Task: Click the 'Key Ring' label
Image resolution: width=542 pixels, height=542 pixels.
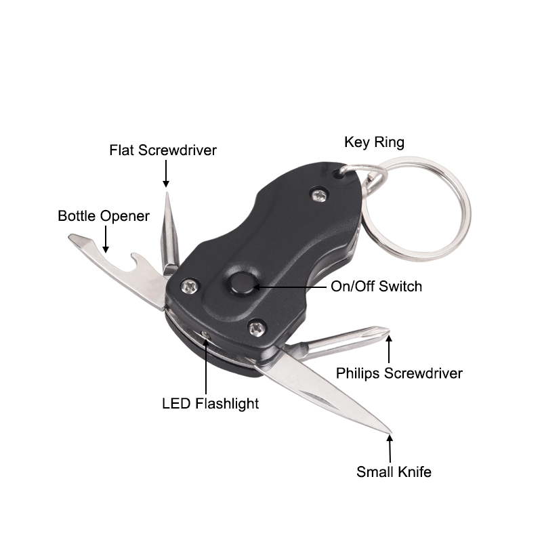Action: pyautogui.click(x=374, y=142)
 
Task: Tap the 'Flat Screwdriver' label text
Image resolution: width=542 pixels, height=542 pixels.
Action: pyautogui.click(x=163, y=150)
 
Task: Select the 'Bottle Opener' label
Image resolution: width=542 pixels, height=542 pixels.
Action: pyautogui.click(x=104, y=216)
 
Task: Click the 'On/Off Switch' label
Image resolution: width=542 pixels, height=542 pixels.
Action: pyautogui.click(x=377, y=287)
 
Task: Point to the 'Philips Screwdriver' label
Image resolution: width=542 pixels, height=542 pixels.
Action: pyautogui.click(x=399, y=373)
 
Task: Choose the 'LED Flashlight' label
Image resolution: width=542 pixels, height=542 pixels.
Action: pyautogui.click(x=211, y=404)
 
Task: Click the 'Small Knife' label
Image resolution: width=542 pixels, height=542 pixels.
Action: pyautogui.click(x=394, y=472)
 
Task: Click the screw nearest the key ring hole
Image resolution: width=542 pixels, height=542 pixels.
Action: pyautogui.click(x=320, y=195)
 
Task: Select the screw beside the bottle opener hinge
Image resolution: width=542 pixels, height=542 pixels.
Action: pyautogui.click(x=190, y=286)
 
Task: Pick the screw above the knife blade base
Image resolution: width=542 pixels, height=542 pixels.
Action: pyautogui.click(x=257, y=328)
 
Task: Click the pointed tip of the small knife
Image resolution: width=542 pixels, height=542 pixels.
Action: pyautogui.click(x=391, y=432)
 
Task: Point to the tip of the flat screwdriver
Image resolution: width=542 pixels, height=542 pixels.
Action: pyautogui.click(x=167, y=193)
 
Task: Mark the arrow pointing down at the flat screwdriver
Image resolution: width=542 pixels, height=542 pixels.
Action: pyautogui.click(x=166, y=173)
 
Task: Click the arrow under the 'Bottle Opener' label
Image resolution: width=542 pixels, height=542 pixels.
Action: pyautogui.click(x=106, y=239)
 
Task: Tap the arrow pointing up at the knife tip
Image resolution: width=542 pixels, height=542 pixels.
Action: pyautogui.click(x=390, y=449)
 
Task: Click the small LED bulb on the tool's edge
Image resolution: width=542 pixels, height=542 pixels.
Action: pyautogui.click(x=205, y=334)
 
